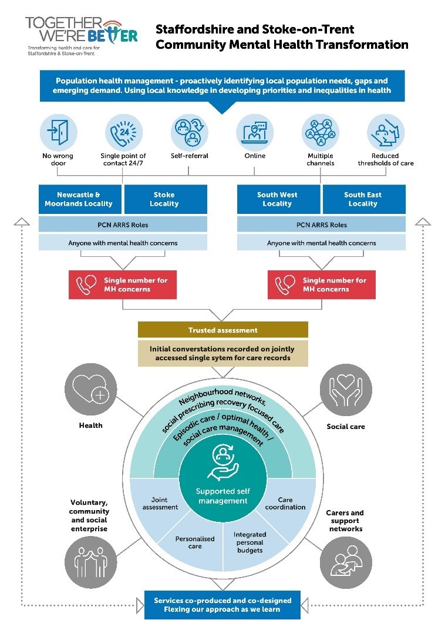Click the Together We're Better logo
[81, 36]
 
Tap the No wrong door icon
[58, 132]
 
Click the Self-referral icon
[189, 132]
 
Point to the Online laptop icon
[255, 132]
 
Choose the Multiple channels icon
[321, 132]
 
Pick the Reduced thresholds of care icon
[386, 132]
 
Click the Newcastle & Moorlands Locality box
[80, 199]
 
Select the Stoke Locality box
[164, 199]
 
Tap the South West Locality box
[278, 199]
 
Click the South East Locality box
[363, 199]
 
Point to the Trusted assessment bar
[223, 330]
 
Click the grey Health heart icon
[90, 391]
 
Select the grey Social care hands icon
[346, 391]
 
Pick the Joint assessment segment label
[160, 503]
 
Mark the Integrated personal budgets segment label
[250, 542]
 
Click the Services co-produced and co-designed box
[222, 605]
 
